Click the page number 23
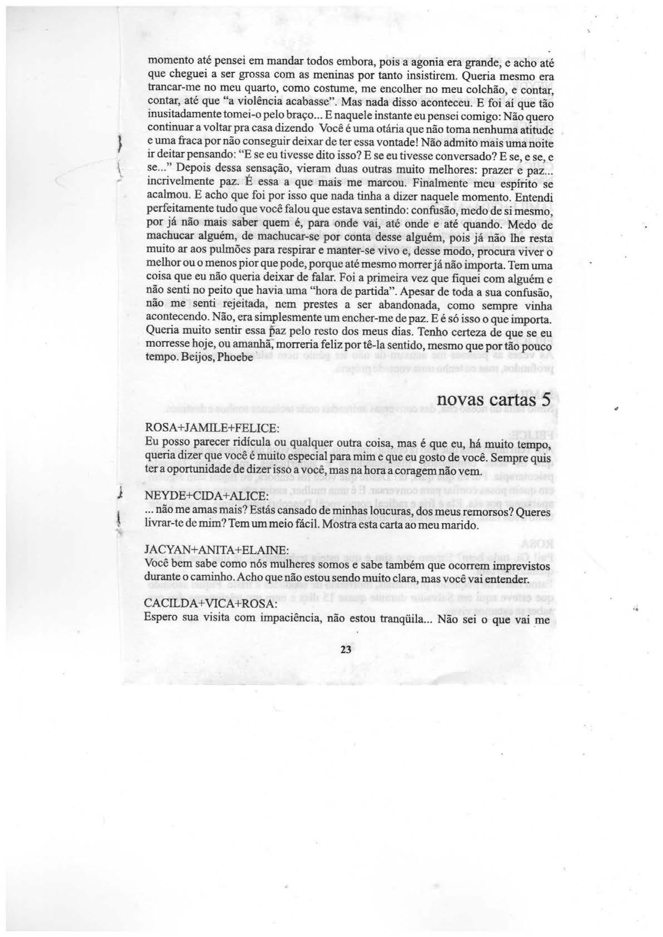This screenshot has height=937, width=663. [346, 650]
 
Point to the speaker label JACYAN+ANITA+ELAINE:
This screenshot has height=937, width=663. [216, 549]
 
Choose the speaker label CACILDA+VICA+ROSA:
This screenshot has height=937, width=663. [210, 603]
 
